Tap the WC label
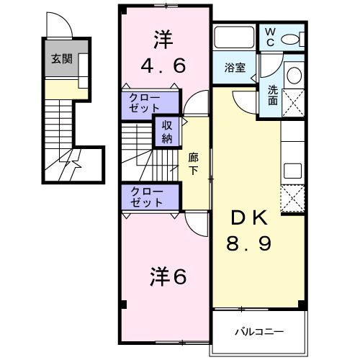270,37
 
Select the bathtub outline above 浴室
235,37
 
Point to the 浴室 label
235,68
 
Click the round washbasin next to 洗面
294,76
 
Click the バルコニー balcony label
259,332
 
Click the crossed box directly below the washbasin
294,104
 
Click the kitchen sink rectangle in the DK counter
294,171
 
